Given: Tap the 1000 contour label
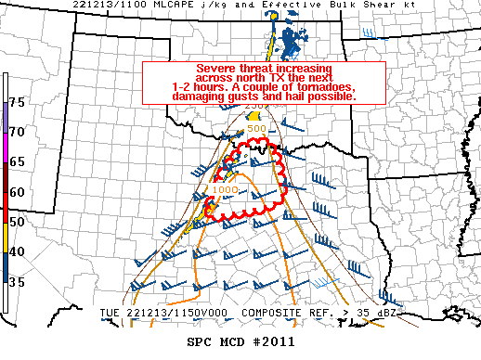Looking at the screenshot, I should [225, 189].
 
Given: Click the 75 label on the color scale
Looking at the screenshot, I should [17, 101].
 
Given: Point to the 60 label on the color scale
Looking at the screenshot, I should [17, 192].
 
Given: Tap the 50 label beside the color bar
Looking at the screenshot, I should [17, 223].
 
